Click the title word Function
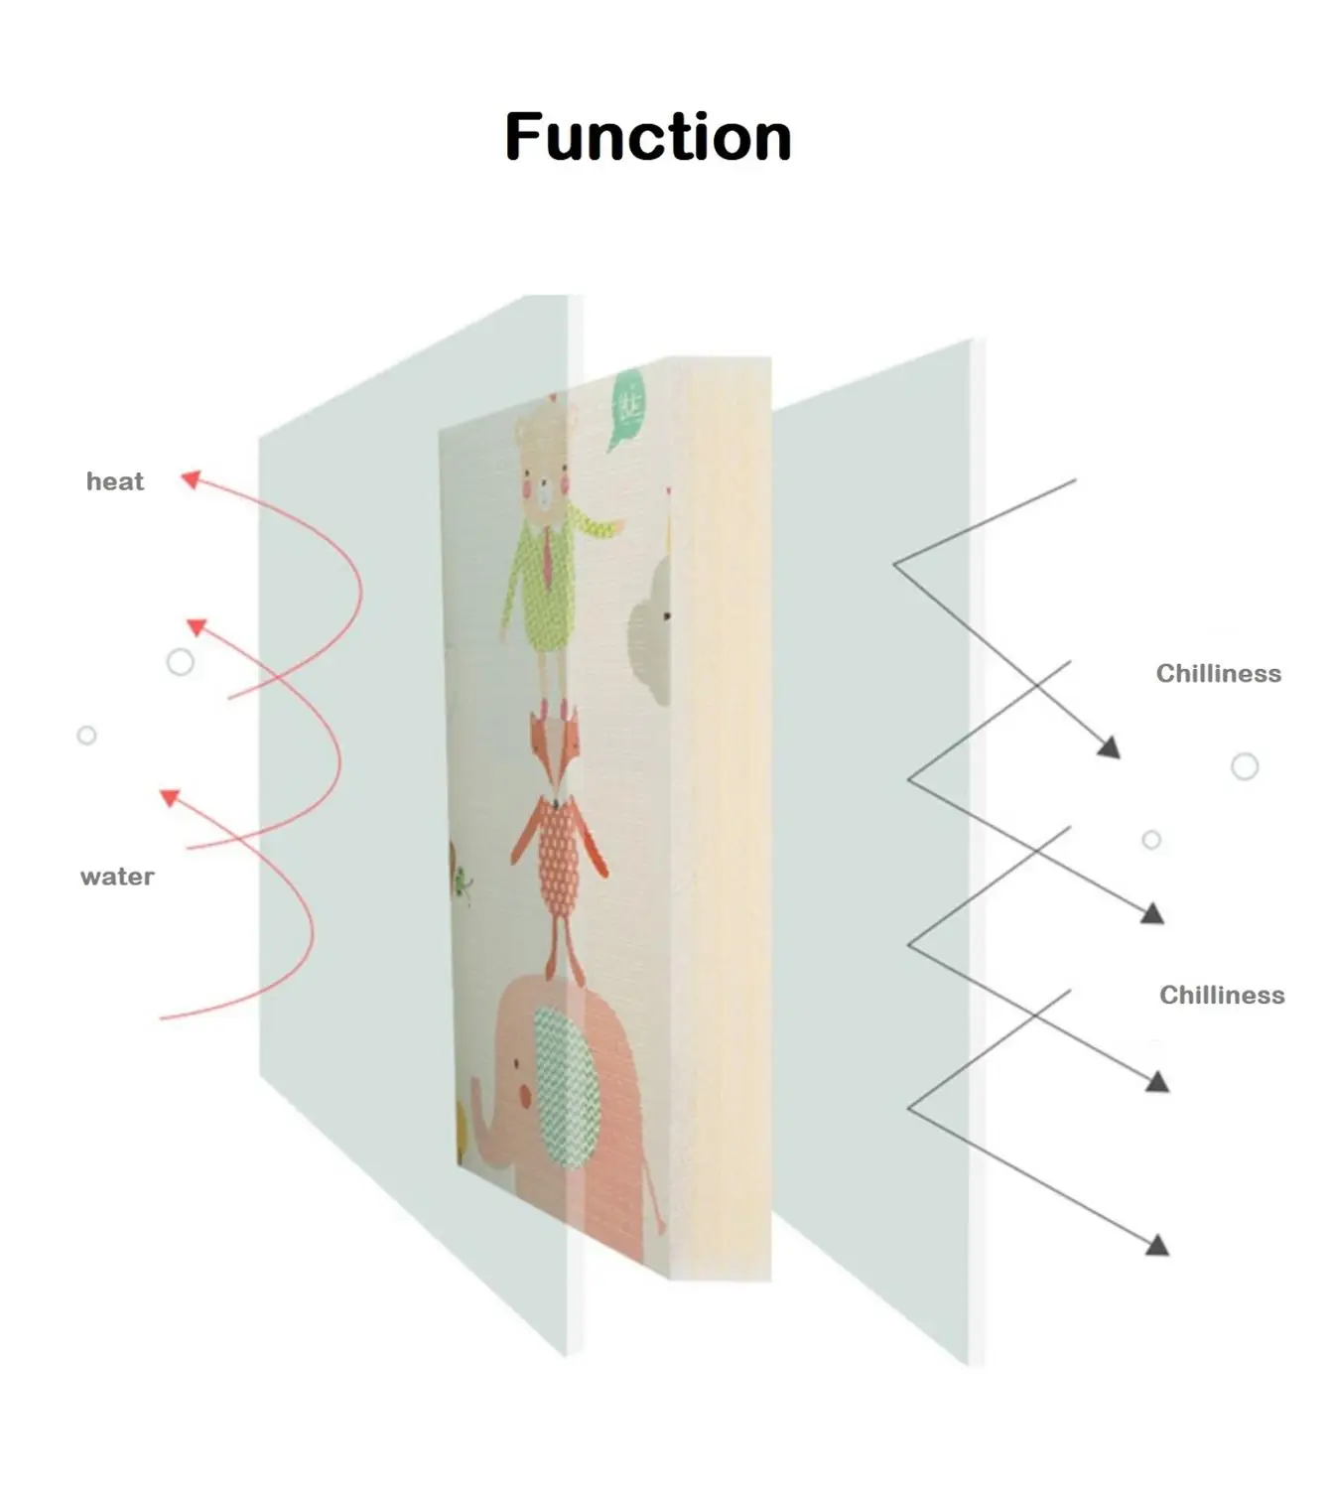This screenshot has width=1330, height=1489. point(648,137)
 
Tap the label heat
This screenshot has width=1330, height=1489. point(115,482)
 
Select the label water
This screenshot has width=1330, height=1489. point(117,877)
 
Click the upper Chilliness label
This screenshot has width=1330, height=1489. point(1218,674)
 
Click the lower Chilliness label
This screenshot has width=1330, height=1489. point(1222,996)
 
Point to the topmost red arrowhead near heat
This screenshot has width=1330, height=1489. point(191,480)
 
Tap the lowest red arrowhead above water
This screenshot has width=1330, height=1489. point(171,797)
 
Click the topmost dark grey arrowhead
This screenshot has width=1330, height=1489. point(1110,747)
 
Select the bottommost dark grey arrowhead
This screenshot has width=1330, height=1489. point(1157,1245)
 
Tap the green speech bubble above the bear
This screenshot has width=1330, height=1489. point(627,407)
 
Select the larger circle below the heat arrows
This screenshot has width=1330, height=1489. point(181,662)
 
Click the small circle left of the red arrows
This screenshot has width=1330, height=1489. point(86,736)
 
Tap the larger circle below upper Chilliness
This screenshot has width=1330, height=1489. point(1245,766)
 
